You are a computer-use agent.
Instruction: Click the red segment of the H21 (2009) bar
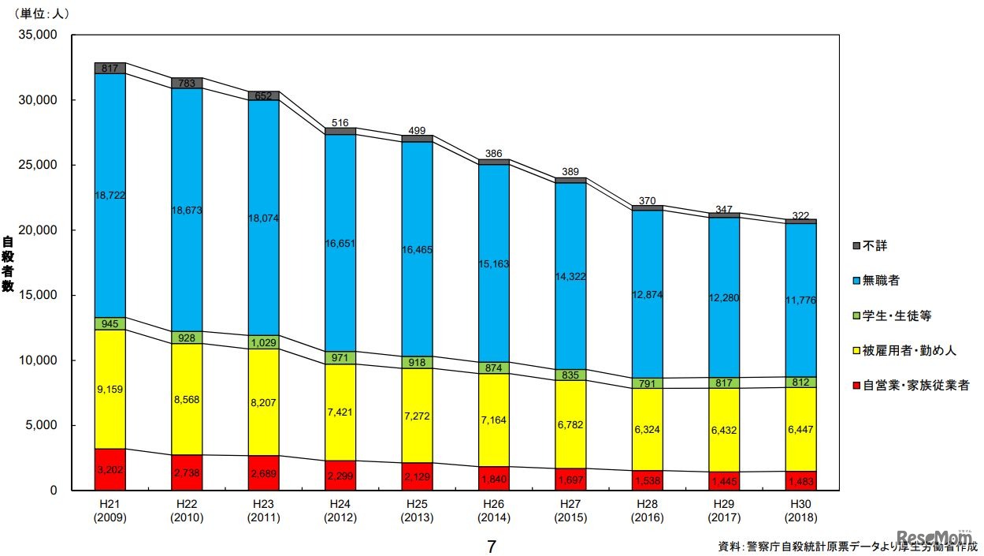click(x=110, y=469)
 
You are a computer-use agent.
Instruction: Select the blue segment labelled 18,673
click(x=187, y=210)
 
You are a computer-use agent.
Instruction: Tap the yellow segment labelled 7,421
click(x=340, y=412)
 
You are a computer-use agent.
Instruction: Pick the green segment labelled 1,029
click(x=263, y=342)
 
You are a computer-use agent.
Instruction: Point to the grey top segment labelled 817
click(x=110, y=69)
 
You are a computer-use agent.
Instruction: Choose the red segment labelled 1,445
click(x=724, y=481)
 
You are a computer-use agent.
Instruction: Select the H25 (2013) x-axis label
click(x=416, y=511)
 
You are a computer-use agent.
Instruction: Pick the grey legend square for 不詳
click(x=856, y=246)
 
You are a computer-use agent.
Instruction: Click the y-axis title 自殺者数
click(x=9, y=265)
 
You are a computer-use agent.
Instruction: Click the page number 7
click(x=492, y=546)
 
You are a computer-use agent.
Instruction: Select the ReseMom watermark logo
click(x=938, y=536)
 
